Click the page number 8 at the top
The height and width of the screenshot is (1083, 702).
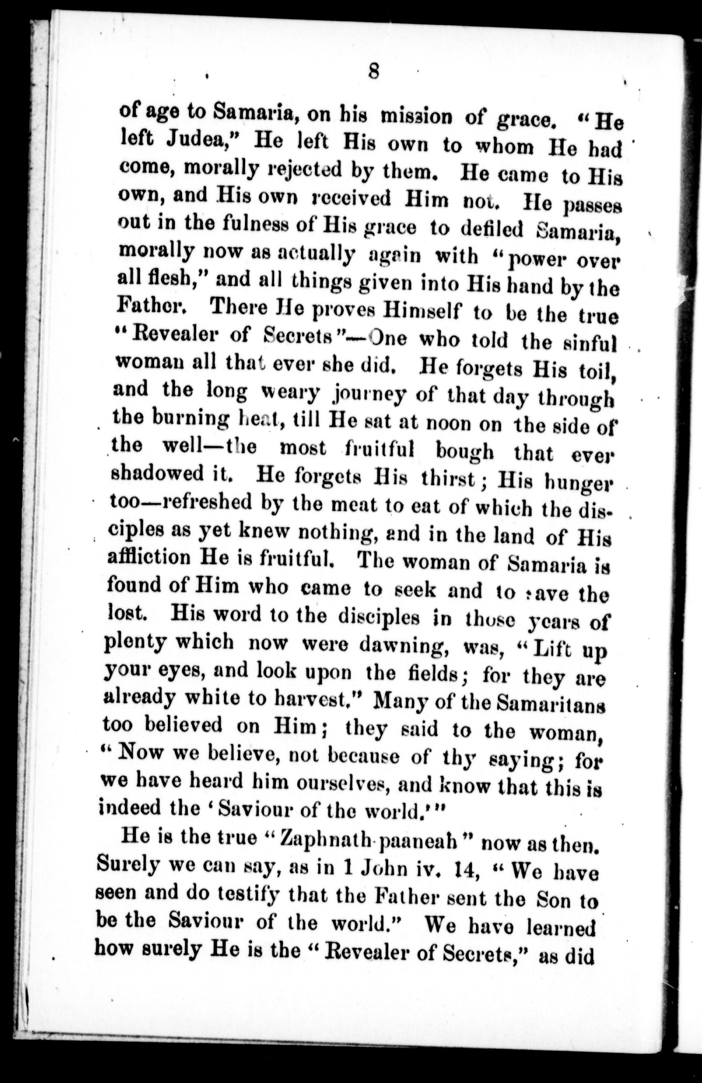[x=373, y=72]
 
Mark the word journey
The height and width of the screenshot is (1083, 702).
[x=368, y=395]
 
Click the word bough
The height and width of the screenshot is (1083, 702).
[x=464, y=451]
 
